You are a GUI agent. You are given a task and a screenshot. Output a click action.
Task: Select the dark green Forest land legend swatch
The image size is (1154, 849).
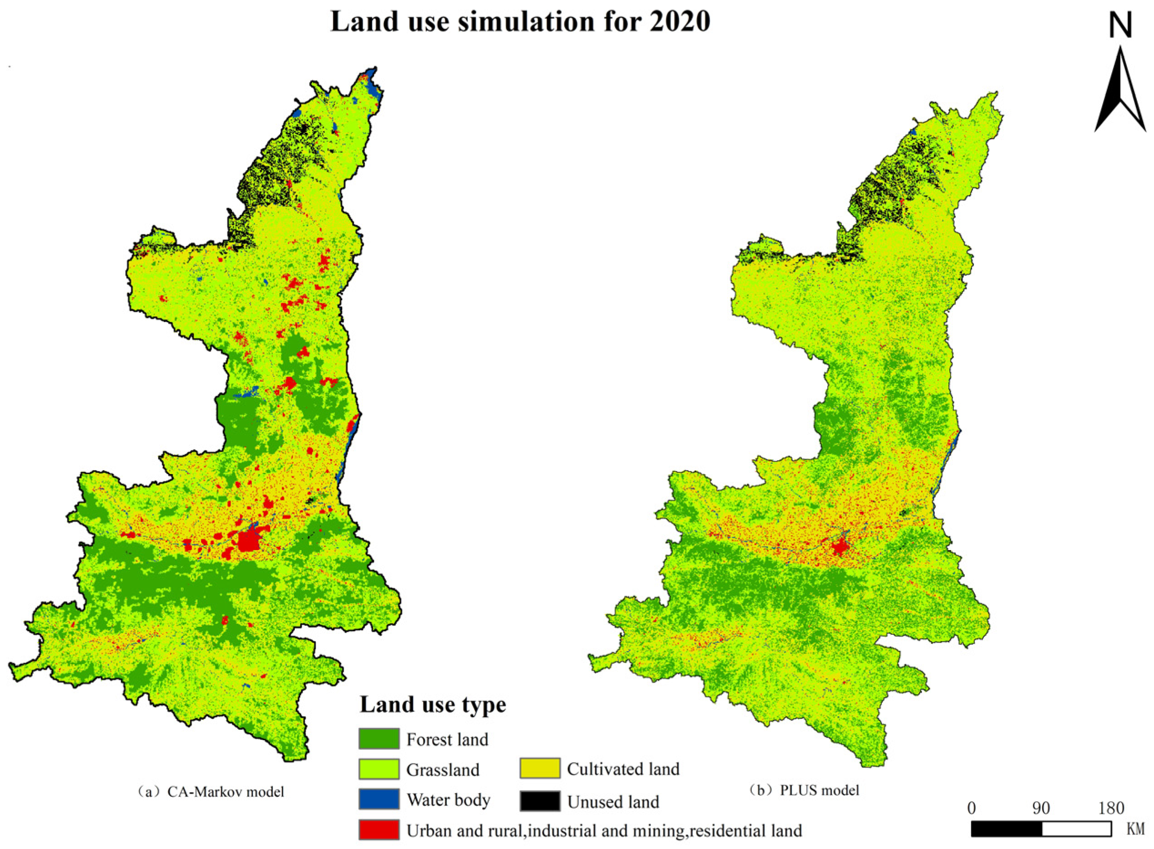click(x=379, y=739)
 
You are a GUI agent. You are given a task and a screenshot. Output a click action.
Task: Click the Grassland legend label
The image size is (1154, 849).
click(x=443, y=770)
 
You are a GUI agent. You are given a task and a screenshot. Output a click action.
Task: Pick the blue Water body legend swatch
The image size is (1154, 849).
click(x=379, y=799)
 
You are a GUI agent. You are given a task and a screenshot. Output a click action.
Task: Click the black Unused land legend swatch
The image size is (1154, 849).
click(x=539, y=801)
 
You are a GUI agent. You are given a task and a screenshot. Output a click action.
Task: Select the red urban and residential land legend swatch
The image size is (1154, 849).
click(x=379, y=830)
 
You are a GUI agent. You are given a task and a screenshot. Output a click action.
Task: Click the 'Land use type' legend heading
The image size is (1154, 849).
click(x=433, y=704)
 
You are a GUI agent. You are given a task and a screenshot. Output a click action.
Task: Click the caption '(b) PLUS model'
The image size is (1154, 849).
click(x=804, y=790)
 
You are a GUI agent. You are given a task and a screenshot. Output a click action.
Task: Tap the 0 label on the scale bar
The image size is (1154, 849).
click(x=971, y=809)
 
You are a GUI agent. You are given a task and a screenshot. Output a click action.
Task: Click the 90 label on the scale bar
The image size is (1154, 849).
click(x=1040, y=809)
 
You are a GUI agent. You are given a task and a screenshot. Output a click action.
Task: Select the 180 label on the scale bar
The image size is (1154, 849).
click(x=1111, y=809)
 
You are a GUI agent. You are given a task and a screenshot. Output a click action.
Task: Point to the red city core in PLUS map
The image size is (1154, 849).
click(x=839, y=548)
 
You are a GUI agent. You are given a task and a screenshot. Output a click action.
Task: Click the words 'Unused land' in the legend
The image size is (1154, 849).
click(x=613, y=802)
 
